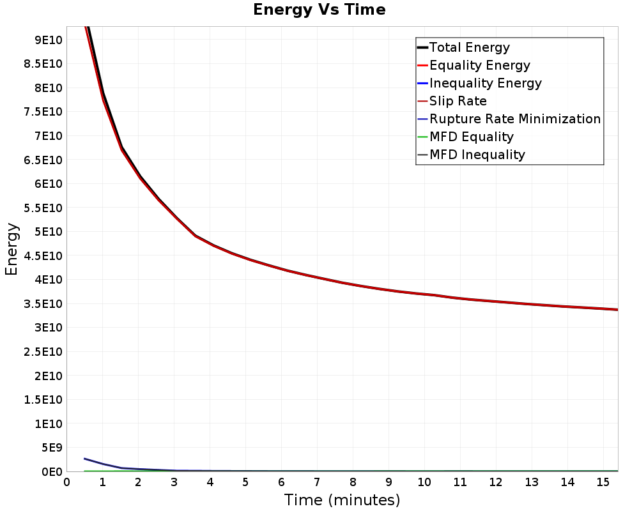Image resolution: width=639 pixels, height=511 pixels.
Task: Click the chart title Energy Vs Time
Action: [x=319, y=10]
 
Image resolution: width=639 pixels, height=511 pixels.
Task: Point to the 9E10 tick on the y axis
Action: [x=48, y=40]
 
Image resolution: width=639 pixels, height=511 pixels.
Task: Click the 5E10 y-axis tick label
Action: [x=48, y=232]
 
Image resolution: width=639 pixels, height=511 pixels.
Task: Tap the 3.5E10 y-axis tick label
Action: [x=43, y=304]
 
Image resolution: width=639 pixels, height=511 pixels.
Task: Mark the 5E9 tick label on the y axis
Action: [x=51, y=448]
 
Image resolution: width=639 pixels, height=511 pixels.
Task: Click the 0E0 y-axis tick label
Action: [x=52, y=472]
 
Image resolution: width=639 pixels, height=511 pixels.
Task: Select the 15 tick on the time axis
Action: [x=603, y=482]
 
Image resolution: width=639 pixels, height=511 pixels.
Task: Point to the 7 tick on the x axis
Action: [x=317, y=482]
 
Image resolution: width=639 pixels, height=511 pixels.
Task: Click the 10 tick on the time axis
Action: [x=424, y=482]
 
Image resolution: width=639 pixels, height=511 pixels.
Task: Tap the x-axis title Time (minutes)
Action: [x=342, y=500]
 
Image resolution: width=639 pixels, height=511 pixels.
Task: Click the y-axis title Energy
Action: [x=12, y=249]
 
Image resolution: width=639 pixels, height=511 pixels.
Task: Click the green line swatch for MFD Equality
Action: [x=422, y=137]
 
